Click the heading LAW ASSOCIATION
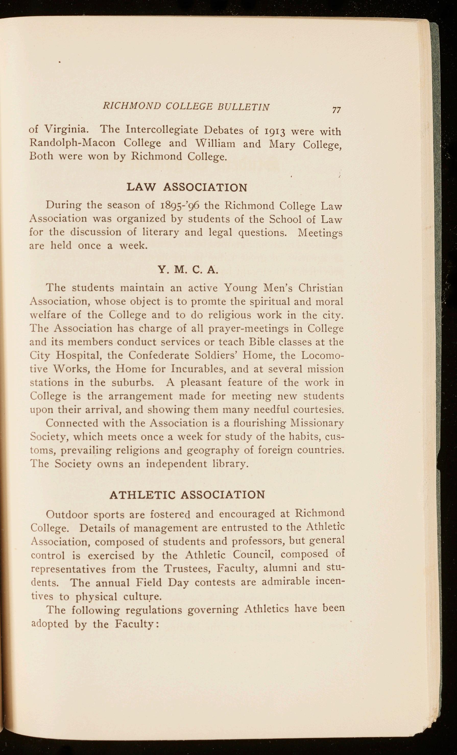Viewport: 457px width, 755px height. tap(187, 188)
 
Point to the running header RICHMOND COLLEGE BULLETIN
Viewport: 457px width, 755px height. tap(186, 106)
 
